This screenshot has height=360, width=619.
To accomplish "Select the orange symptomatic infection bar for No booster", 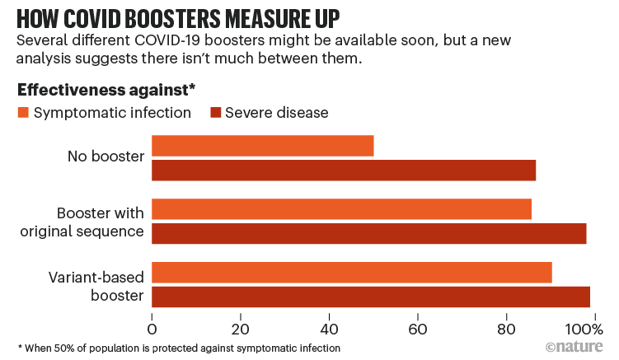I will [x=262, y=146].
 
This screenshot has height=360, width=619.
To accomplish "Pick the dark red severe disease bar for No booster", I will [x=344, y=170].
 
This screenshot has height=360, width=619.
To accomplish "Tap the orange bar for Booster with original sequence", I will [x=341, y=209].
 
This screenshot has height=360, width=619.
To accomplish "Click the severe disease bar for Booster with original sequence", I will [x=368, y=233].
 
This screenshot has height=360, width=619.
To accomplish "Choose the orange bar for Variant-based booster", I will [x=352, y=273].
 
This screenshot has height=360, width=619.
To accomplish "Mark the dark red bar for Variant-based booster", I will [x=371, y=297].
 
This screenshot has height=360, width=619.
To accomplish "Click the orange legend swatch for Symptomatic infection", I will [x=23, y=112].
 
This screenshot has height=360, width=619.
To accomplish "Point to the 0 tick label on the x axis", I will [x=152, y=326].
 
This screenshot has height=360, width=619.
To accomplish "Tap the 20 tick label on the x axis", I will [x=240, y=326].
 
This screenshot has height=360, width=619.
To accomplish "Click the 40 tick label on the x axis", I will [x=328, y=326].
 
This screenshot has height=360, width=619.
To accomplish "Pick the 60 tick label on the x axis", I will [x=417, y=326].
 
